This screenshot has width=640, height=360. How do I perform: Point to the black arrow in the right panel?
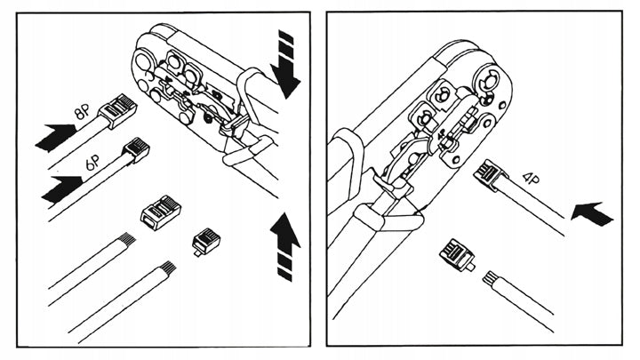[591, 213]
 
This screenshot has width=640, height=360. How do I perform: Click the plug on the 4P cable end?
[492, 173]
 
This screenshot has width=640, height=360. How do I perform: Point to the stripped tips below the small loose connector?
[166, 268]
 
